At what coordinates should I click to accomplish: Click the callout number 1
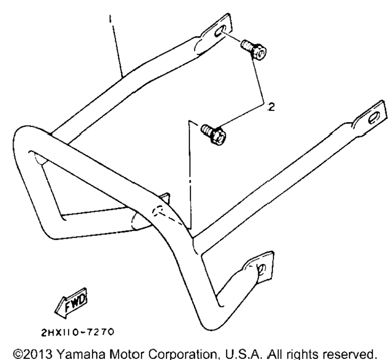coord(110,19)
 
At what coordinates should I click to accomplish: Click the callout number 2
coord(271,107)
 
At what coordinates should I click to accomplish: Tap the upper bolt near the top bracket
coord(254,49)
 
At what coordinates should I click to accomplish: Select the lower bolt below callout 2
coord(213,133)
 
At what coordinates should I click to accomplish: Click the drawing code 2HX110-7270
coord(78,332)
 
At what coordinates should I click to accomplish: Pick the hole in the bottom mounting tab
coord(262,269)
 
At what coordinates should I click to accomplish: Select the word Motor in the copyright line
coord(127,354)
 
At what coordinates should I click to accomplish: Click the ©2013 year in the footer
coord(33,354)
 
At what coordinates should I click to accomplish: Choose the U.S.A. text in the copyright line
coord(243,354)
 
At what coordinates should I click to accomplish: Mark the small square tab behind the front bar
coord(166,197)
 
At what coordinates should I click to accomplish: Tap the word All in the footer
coord(273,354)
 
